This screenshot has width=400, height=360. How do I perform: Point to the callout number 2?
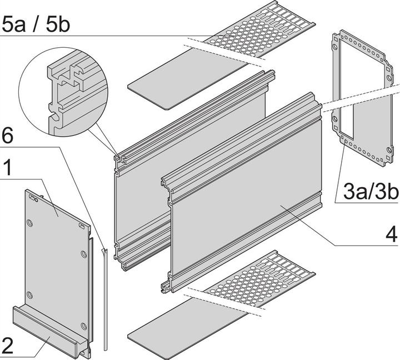click(x=8, y=346)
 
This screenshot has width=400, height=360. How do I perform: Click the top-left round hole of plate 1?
click(x=31, y=223)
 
